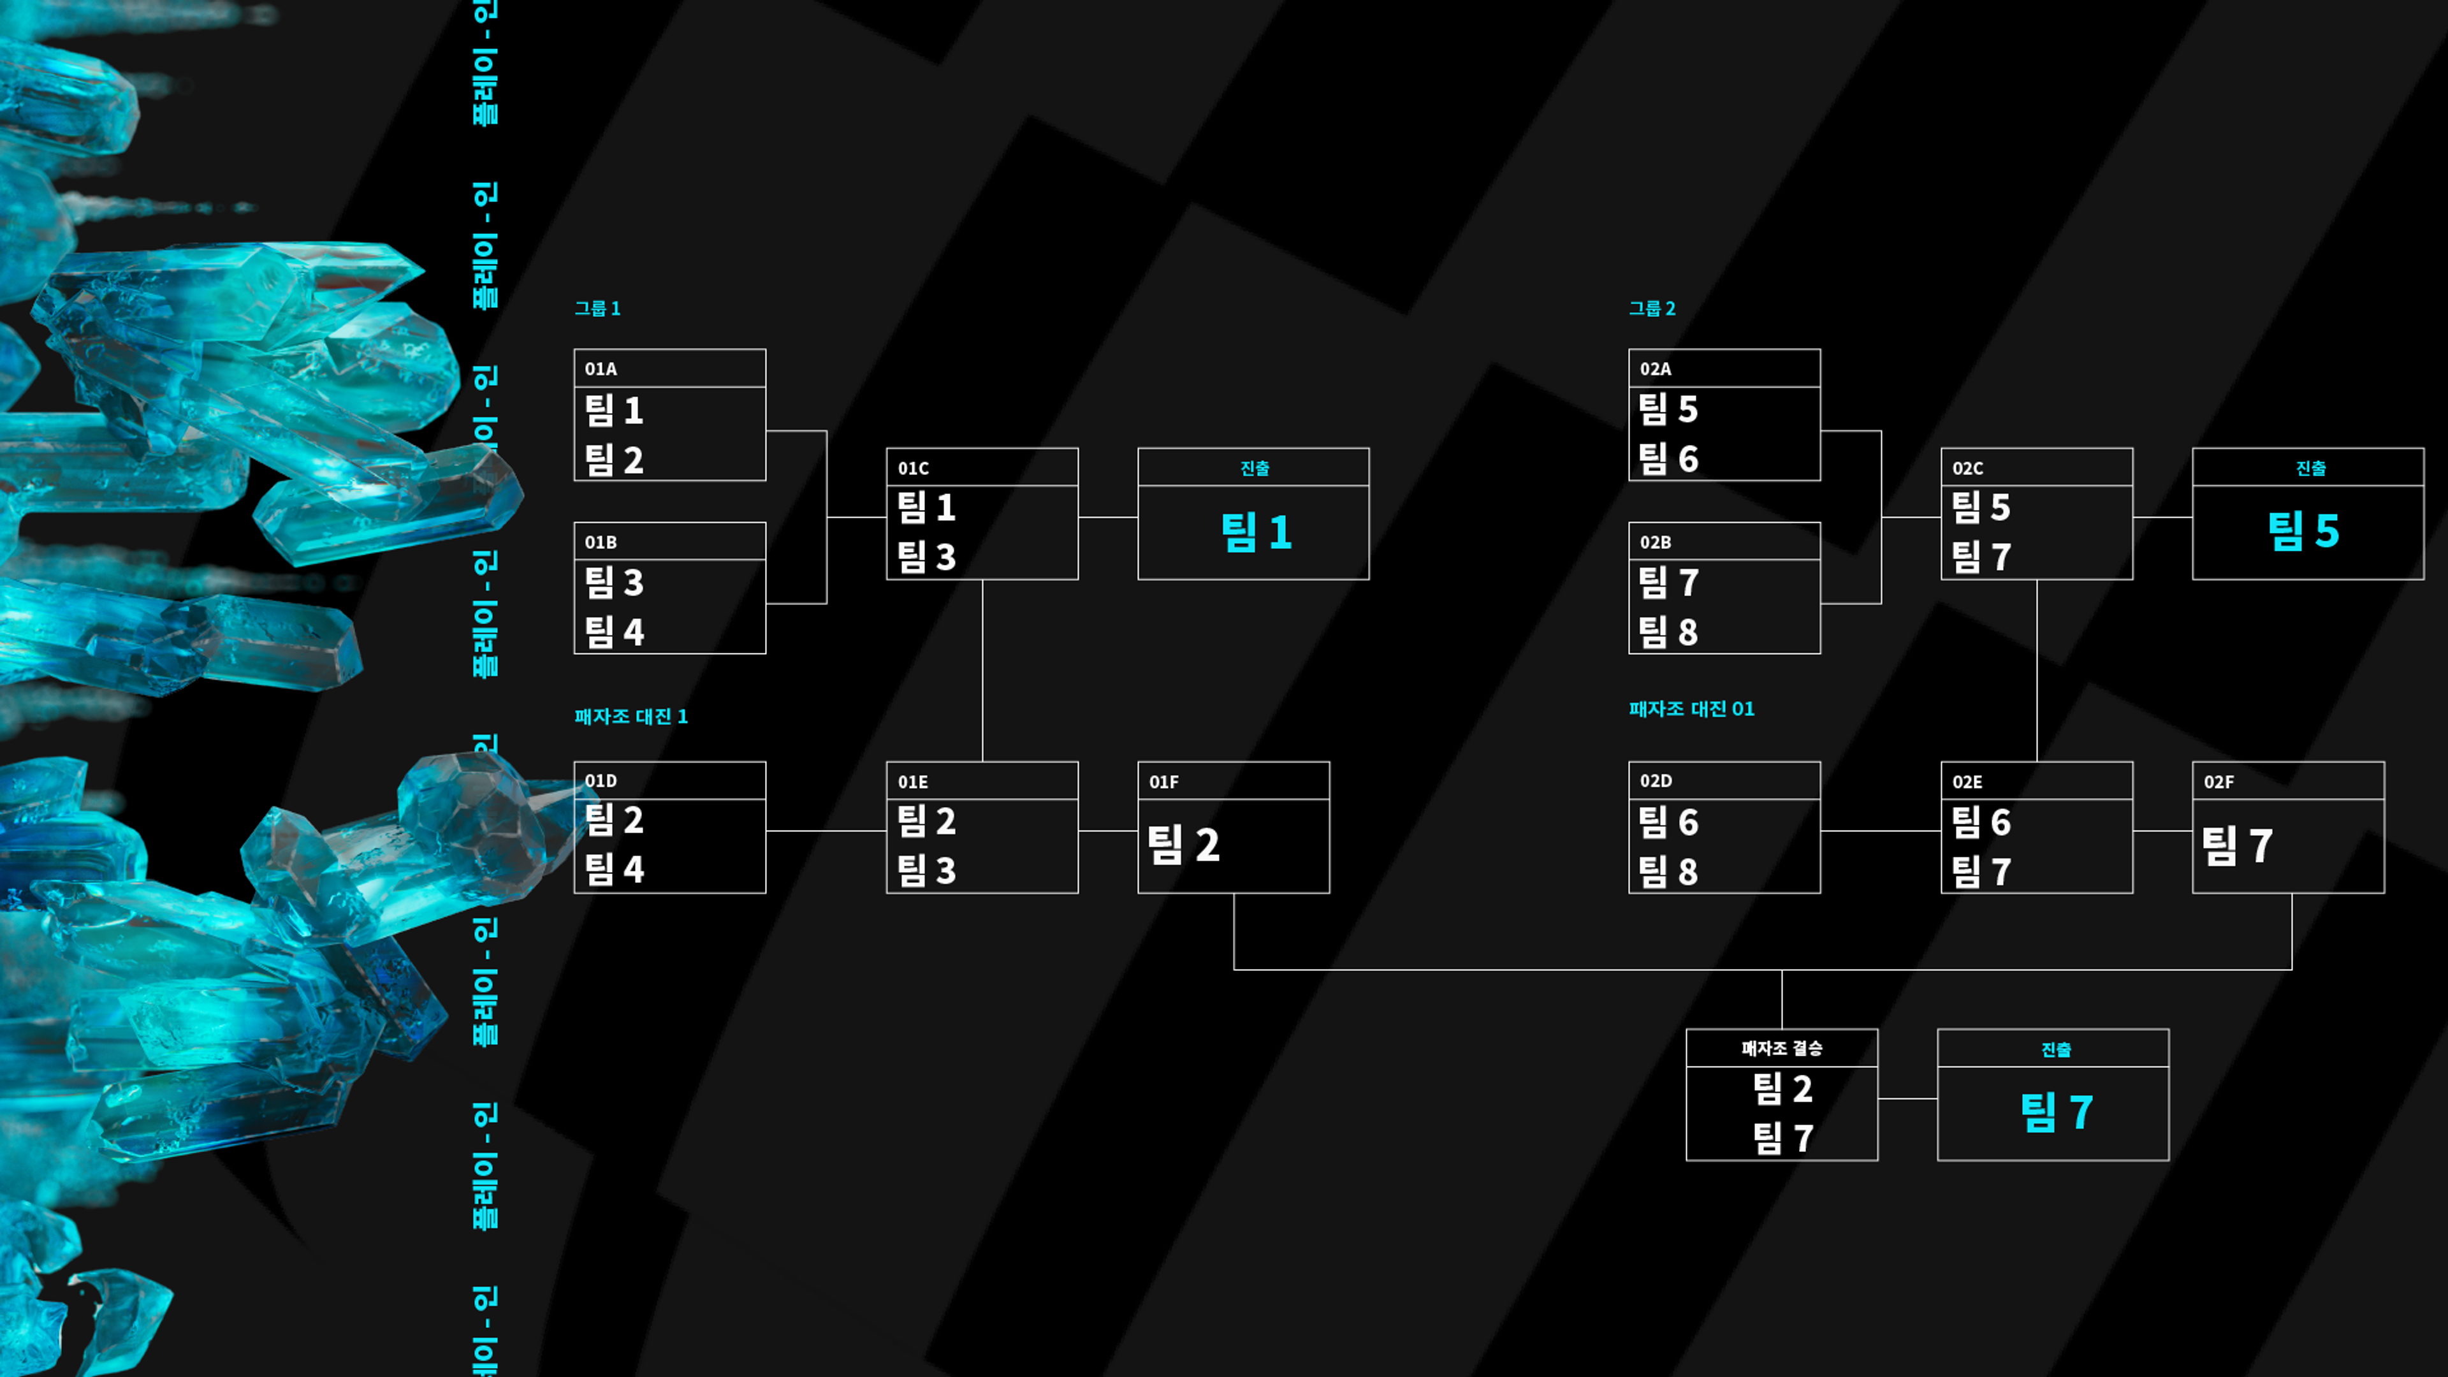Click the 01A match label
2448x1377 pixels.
pos(601,368)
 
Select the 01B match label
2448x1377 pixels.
pos(601,542)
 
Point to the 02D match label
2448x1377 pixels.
pos(1656,781)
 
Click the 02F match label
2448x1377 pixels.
pos(2219,782)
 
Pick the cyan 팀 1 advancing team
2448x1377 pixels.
pos(1255,532)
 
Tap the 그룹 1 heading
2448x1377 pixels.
pos(597,308)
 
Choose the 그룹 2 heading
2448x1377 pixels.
pos(1652,308)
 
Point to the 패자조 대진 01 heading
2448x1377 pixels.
pos(1691,709)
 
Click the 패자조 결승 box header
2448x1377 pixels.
pos(1782,1048)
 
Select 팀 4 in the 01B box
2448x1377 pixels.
pos(614,631)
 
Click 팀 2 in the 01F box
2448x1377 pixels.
pos(1183,845)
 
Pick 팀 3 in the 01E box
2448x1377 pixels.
pos(926,870)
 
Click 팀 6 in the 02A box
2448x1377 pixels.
pos(1669,459)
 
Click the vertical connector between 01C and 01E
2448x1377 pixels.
pos(982,670)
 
